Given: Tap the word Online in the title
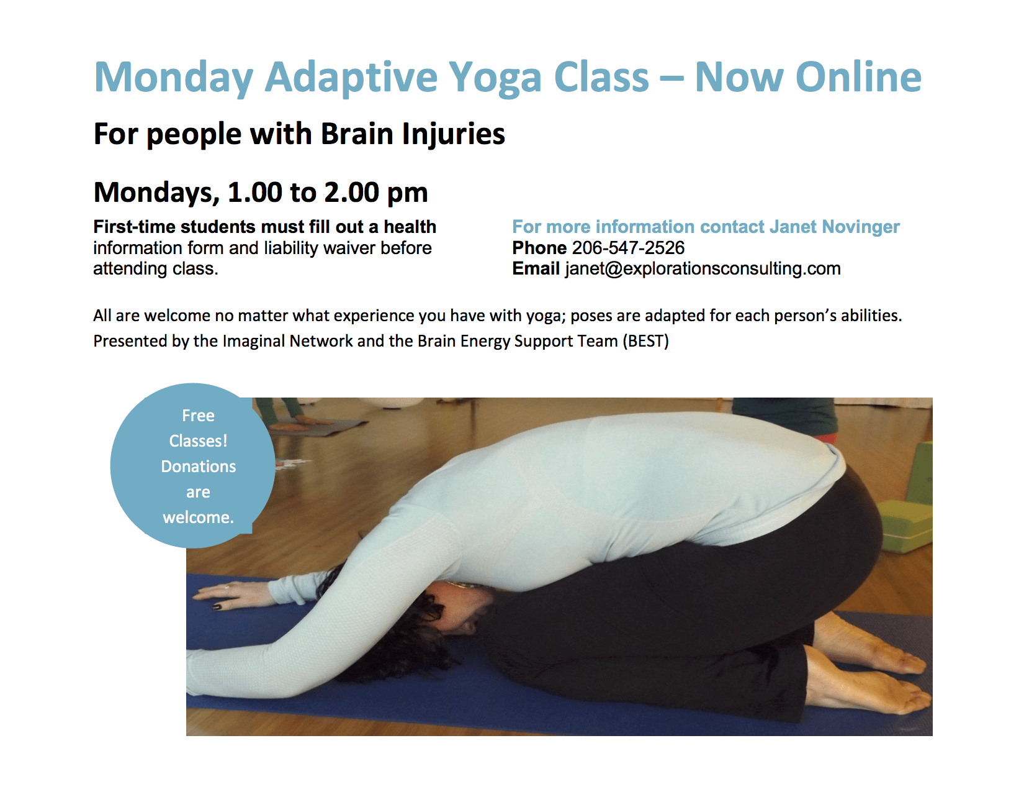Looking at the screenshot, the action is (858, 76).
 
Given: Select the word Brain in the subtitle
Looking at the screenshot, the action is (357, 134).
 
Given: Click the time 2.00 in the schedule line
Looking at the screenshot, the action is (351, 192).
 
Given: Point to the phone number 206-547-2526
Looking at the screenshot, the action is (628, 248).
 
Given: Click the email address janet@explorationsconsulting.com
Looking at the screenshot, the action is (703, 268).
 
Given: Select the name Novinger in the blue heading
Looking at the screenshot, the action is (861, 227).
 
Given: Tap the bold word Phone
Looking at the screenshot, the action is (539, 248).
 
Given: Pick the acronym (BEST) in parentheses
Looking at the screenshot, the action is (645, 341).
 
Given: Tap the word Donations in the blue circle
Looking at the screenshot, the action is (199, 467).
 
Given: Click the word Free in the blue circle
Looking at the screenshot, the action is (199, 416).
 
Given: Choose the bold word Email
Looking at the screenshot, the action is (536, 268).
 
